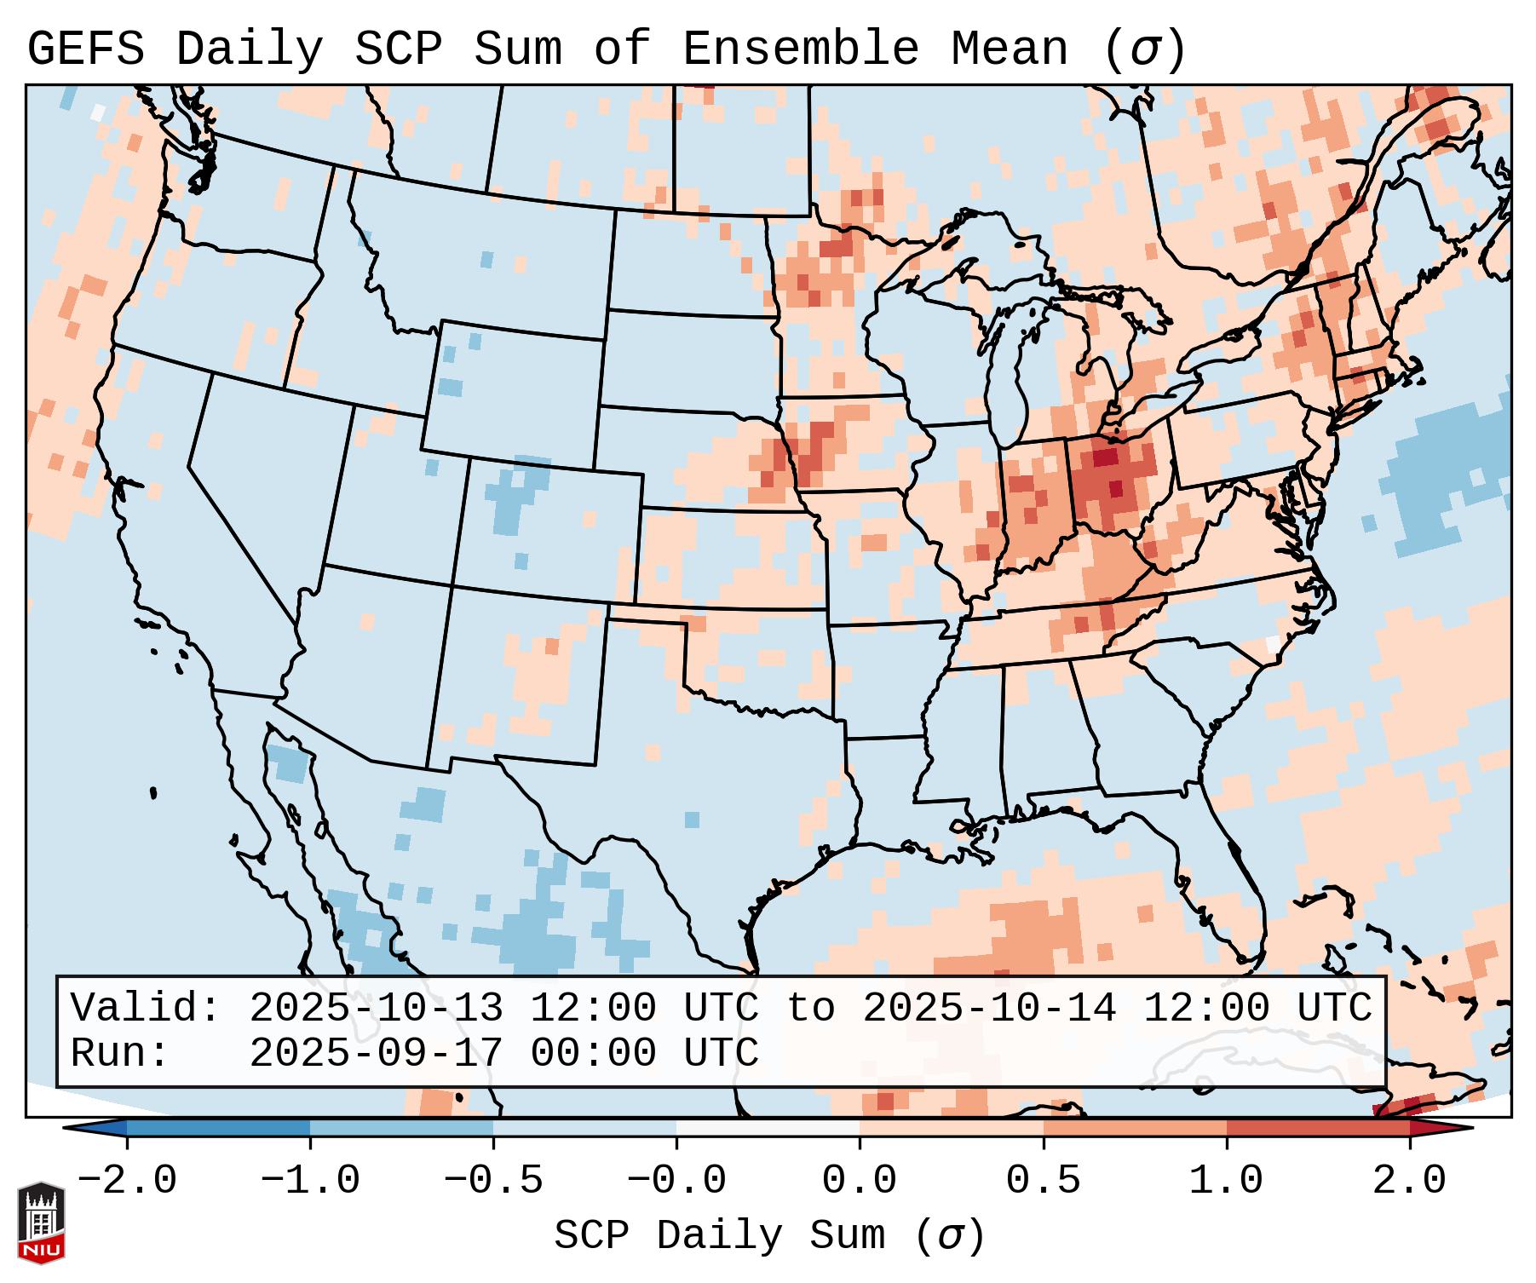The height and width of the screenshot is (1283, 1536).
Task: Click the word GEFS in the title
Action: [85, 49]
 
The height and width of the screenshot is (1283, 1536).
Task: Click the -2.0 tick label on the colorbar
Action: [127, 1181]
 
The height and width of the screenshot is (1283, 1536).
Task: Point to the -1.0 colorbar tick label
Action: [310, 1181]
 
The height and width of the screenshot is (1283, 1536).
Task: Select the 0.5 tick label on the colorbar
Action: [1043, 1181]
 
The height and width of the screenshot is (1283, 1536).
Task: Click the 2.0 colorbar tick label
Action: [1409, 1181]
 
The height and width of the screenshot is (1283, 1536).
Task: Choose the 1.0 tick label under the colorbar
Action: [1226, 1181]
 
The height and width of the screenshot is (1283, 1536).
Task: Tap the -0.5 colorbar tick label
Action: [493, 1181]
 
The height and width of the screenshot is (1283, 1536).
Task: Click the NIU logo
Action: [41, 1223]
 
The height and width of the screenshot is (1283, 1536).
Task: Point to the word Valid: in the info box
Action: [146, 1009]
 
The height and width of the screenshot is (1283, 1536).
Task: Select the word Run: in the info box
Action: [120, 1054]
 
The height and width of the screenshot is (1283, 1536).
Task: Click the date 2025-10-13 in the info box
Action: [376, 1009]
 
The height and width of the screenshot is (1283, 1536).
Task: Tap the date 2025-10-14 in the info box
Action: [989, 1009]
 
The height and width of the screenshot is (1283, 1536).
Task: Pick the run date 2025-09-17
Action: [376, 1054]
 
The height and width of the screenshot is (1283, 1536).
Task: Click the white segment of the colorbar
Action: [768, 1128]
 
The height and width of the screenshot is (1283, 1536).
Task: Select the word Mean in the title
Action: [1009, 49]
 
